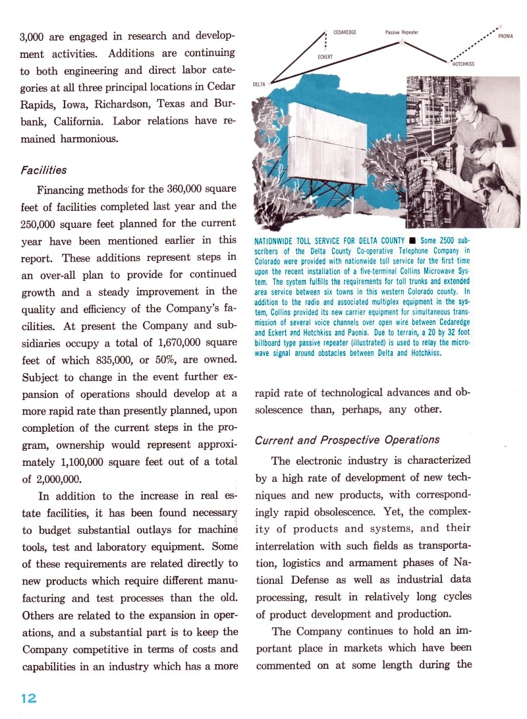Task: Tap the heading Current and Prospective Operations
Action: tap(346, 440)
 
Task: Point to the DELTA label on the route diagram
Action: tap(260, 84)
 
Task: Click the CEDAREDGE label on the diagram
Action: tap(345, 32)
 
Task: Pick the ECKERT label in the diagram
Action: tap(325, 57)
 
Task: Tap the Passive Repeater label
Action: tap(402, 32)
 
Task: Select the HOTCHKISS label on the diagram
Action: tap(463, 64)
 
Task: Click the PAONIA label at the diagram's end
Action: tap(506, 36)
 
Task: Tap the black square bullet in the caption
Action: tap(410, 239)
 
